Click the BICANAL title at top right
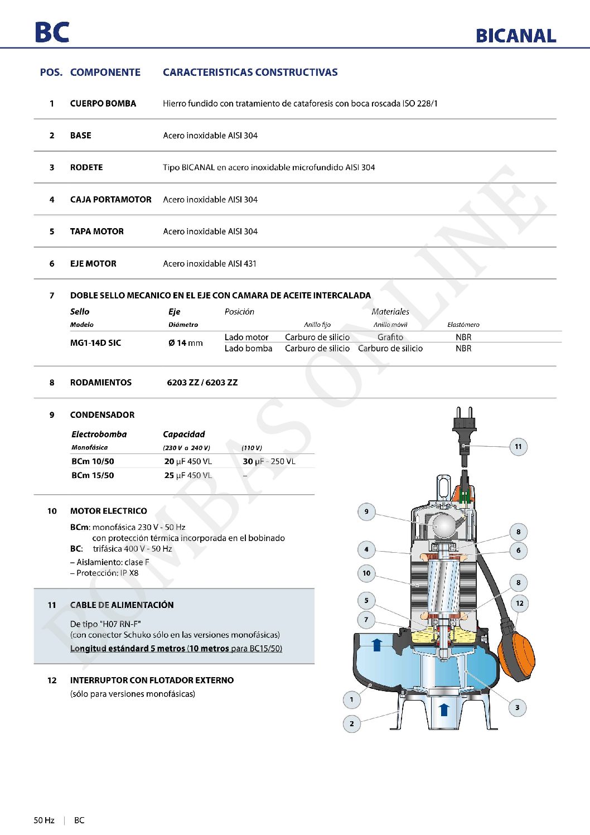click(516, 36)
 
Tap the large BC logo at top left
click(52, 32)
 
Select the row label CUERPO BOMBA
click(103, 103)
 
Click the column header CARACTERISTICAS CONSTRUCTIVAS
click(250, 72)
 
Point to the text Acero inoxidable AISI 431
click(210, 263)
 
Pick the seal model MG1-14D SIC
click(95, 342)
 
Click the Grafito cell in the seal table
click(390, 337)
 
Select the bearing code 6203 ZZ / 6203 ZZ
click(202, 382)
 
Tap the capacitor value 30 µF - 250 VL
click(269, 461)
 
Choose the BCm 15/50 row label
click(93, 475)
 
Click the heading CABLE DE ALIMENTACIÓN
click(122, 605)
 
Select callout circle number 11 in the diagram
click(518, 446)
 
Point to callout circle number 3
click(517, 707)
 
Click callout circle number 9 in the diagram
click(366, 511)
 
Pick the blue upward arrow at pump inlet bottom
click(444, 709)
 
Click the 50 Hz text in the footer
click(44, 820)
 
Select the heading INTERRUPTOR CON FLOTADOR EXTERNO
click(152, 680)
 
